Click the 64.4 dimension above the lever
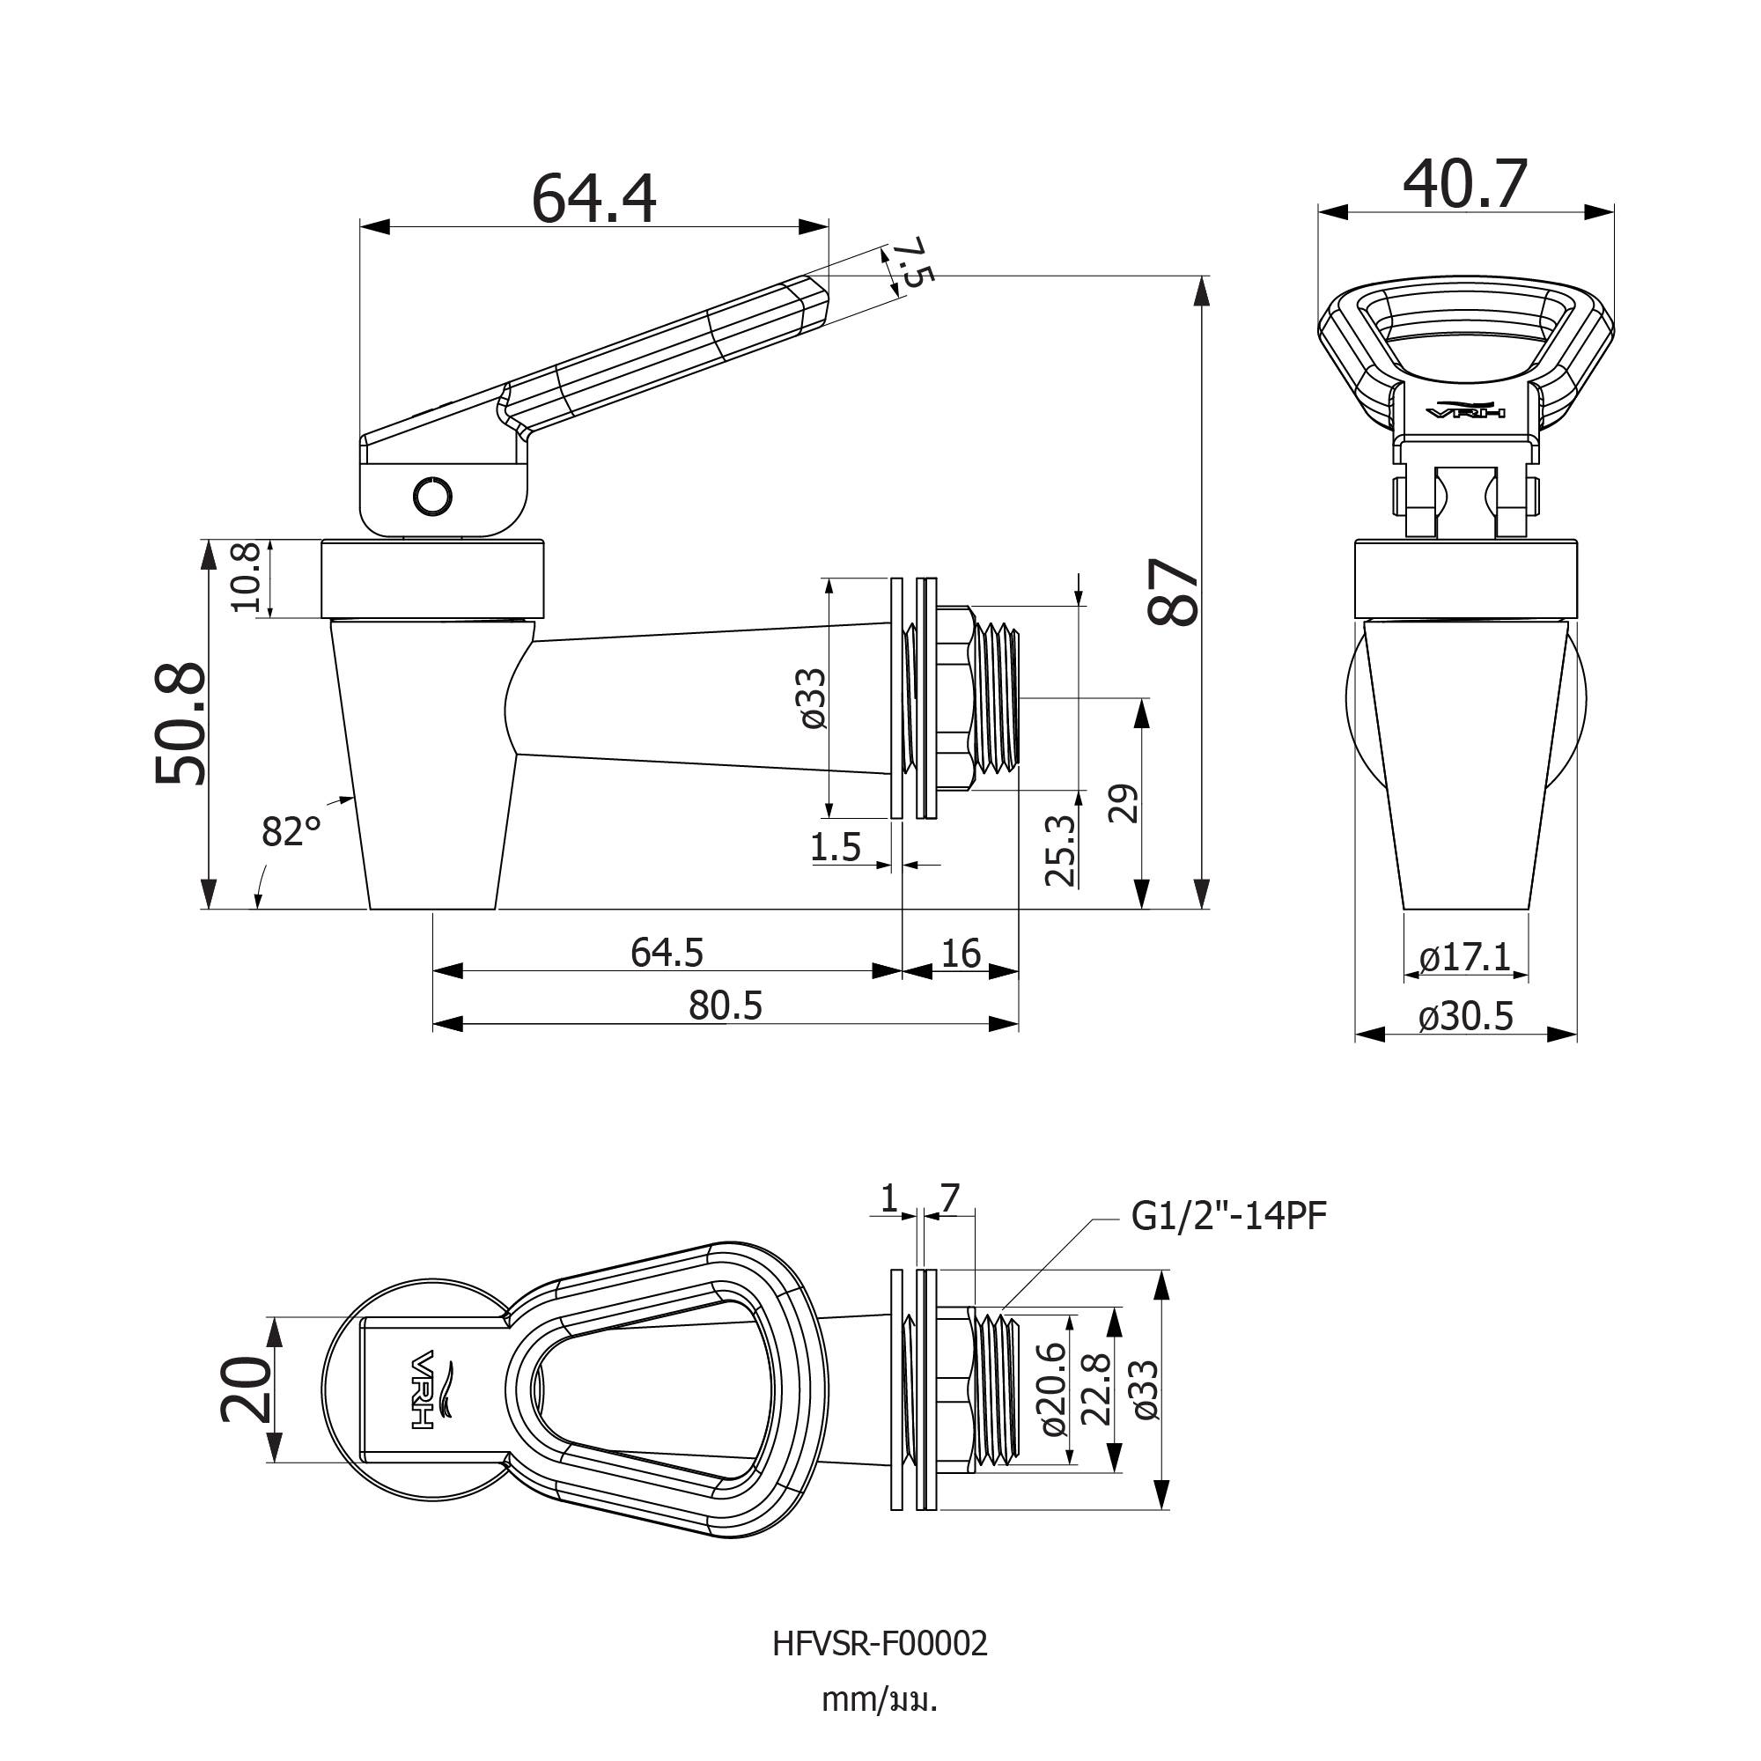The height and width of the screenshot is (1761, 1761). click(x=593, y=199)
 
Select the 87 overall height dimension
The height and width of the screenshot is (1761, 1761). click(x=1173, y=592)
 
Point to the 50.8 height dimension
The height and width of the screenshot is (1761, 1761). click(x=181, y=725)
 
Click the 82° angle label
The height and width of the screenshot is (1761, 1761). click(x=291, y=832)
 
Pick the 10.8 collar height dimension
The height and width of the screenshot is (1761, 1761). click(x=247, y=578)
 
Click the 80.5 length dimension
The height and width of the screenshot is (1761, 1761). click(x=726, y=1006)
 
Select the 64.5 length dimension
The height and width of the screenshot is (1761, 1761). click(x=667, y=953)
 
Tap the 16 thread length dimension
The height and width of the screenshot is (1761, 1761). click(x=961, y=953)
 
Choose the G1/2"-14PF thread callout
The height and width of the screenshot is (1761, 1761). click(x=1228, y=1216)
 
